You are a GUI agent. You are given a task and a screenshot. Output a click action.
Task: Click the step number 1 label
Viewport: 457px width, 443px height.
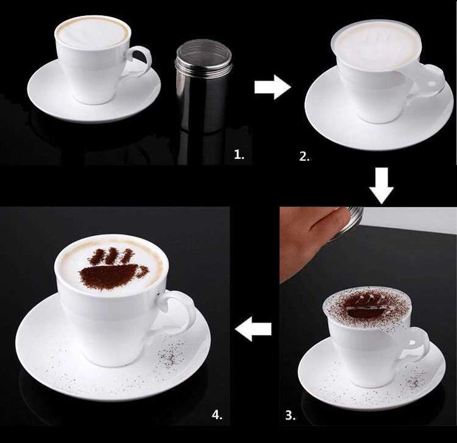tap(239, 154)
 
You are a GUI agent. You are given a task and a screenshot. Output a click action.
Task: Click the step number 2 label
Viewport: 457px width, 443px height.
tap(305, 157)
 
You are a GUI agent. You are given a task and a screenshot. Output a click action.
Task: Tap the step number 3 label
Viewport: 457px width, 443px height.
tap(290, 415)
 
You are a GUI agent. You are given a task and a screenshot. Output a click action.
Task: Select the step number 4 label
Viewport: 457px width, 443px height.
tap(217, 415)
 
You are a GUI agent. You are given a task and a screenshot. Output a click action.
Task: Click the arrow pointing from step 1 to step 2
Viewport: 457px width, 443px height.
tap(272, 87)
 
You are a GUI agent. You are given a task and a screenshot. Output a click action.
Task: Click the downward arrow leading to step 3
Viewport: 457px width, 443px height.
tap(382, 185)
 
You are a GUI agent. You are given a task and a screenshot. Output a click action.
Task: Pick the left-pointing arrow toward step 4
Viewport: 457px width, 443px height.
tap(253, 328)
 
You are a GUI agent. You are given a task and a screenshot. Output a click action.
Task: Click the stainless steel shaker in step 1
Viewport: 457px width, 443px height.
tap(204, 86)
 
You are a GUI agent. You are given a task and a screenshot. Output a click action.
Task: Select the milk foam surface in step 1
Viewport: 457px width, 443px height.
tap(93, 32)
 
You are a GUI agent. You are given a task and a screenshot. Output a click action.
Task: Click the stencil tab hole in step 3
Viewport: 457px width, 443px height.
tap(412, 342)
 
